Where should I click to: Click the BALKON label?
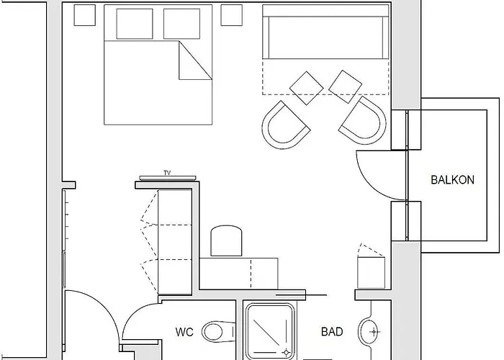(x=452, y=180)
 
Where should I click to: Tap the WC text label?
(x=184, y=332)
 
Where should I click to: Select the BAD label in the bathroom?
(x=332, y=332)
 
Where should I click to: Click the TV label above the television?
(x=167, y=173)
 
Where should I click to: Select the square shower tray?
(x=270, y=331)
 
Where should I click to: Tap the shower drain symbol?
(x=286, y=353)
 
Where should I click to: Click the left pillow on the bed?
(x=135, y=24)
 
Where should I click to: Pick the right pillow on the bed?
(x=181, y=24)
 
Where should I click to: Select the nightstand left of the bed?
(x=84, y=15)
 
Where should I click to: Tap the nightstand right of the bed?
(x=231, y=15)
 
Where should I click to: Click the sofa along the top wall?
(x=325, y=32)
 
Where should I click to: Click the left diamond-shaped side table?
(x=306, y=88)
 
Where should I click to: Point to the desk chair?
(x=226, y=241)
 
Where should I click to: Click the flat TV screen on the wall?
(x=168, y=178)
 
